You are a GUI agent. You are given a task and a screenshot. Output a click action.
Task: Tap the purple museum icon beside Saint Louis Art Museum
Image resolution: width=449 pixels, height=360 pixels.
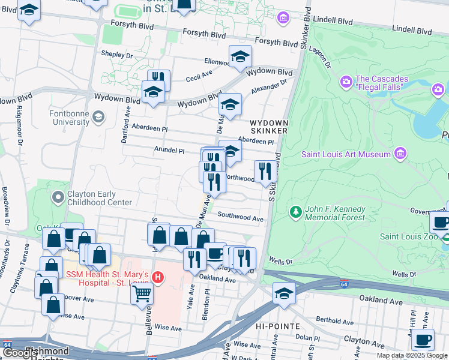tap(399, 154)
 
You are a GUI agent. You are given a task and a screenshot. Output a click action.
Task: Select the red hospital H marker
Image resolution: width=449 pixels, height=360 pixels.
tap(157, 277)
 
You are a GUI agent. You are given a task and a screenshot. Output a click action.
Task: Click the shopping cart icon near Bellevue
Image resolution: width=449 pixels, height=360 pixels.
tap(142, 293)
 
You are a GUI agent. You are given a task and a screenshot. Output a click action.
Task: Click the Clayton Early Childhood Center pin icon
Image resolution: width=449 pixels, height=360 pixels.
tap(58, 197)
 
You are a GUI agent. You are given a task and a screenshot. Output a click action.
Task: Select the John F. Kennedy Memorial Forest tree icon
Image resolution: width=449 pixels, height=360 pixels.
tap(295, 212)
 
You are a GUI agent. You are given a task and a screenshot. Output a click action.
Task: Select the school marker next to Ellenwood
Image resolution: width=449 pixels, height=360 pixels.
tap(240, 56)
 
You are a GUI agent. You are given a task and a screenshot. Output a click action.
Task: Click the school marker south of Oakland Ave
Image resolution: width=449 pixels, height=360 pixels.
tap(284, 293)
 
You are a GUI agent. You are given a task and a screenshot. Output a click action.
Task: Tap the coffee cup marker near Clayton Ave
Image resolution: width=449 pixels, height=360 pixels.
tap(423, 339)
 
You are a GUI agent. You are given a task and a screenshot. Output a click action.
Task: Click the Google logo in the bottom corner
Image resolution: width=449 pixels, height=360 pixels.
tap(20, 353)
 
